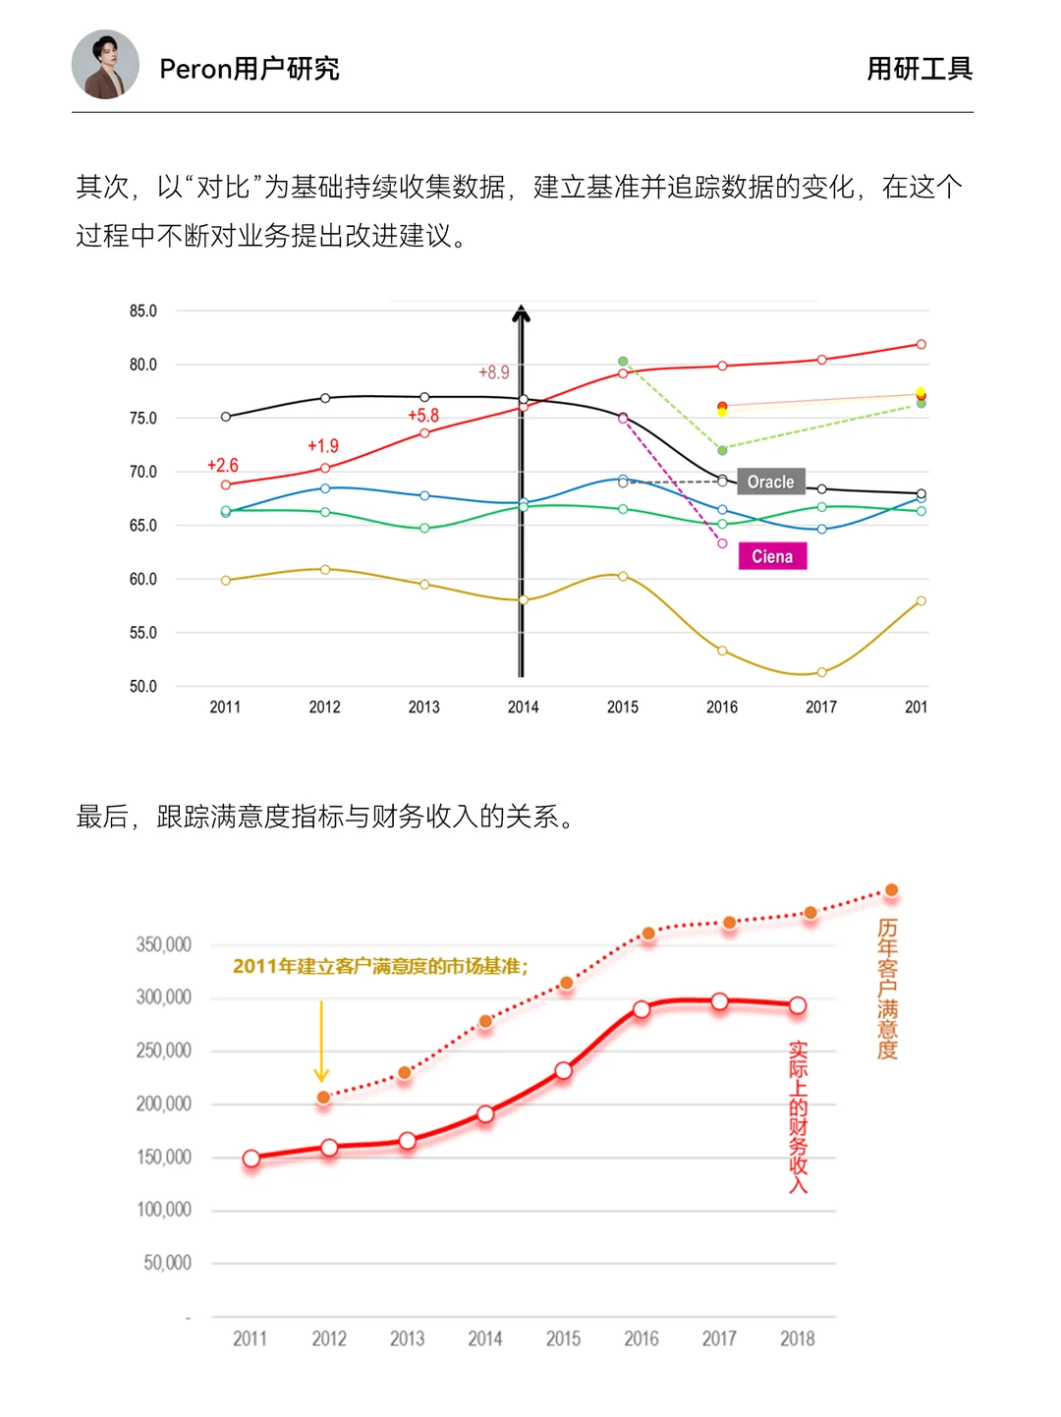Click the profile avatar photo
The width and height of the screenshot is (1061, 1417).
(x=105, y=65)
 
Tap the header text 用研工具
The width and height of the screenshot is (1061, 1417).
(x=919, y=69)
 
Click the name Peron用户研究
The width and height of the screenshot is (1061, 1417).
(x=249, y=69)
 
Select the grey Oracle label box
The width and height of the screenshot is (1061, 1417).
(x=771, y=482)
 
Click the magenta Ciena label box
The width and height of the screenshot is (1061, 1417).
(x=772, y=556)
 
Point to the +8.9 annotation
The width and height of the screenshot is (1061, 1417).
(x=493, y=372)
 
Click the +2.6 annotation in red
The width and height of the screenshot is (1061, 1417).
(x=222, y=465)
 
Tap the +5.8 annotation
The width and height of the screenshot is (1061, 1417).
(x=423, y=416)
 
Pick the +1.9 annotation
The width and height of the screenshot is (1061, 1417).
(x=322, y=446)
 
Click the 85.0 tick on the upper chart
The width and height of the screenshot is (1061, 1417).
(x=143, y=311)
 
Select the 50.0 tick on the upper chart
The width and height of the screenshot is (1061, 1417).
(x=143, y=686)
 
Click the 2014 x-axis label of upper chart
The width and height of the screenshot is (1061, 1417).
(x=523, y=707)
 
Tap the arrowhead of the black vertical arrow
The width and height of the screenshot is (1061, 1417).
(x=522, y=313)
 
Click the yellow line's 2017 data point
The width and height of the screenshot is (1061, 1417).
(x=821, y=672)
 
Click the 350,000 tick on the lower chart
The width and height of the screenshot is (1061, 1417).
(x=164, y=944)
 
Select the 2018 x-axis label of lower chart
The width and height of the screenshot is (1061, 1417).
(x=797, y=1338)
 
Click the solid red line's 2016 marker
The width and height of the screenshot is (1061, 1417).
(x=642, y=1009)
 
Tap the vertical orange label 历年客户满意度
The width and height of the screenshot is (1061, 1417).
(x=887, y=989)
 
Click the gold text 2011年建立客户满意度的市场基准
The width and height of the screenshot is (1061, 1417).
(x=380, y=966)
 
